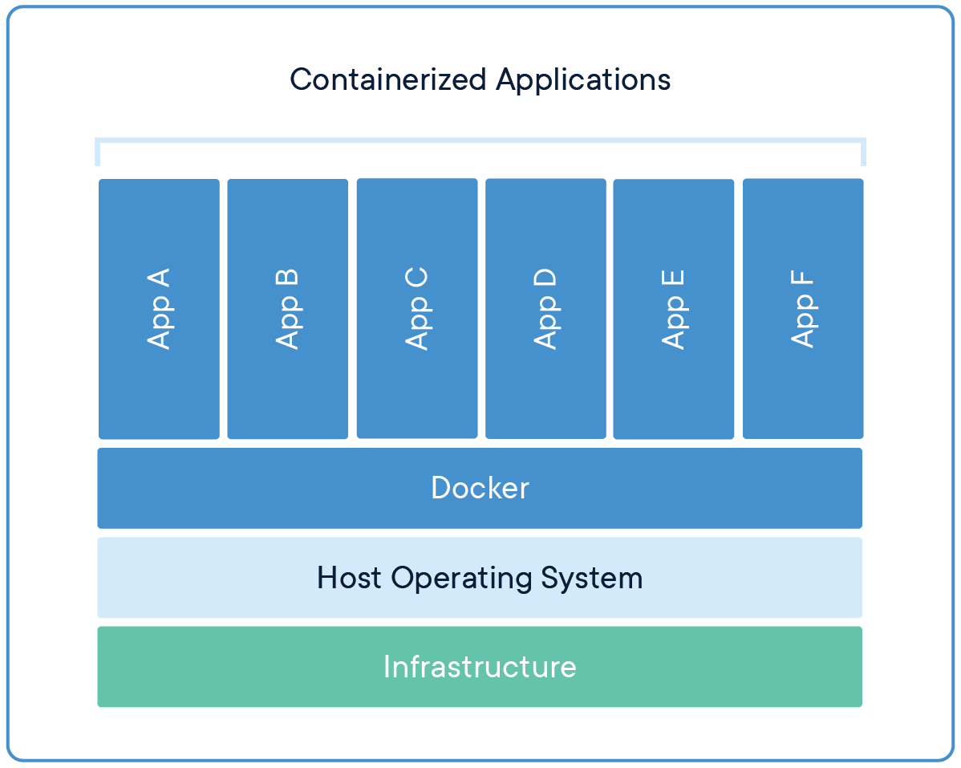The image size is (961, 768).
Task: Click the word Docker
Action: pyautogui.click(x=480, y=488)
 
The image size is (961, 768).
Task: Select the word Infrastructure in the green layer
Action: pyautogui.click(x=480, y=667)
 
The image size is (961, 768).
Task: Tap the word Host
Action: pyautogui.click(x=350, y=578)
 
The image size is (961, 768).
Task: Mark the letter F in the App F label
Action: pyautogui.click(x=802, y=281)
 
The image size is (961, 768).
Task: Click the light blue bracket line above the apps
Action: pyautogui.click(x=480, y=140)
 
